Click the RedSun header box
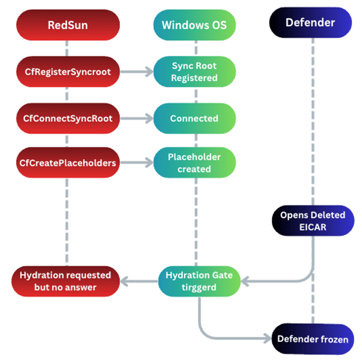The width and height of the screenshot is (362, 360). (x=68, y=24)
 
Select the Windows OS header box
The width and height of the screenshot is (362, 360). (x=195, y=24)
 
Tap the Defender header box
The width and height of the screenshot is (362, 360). (x=310, y=23)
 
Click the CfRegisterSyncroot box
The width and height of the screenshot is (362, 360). (x=68, y=72)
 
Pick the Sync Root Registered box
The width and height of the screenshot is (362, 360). (x=195, y=72)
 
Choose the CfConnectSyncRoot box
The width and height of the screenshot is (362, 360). (x=68, y=118)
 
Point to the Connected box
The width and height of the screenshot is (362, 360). (x=195, y=118)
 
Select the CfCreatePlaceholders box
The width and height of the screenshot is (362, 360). (x=68, y=163)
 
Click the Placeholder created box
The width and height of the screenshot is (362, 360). (x=195, y=163)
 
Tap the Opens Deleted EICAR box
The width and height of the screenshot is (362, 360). (x=312, y=221)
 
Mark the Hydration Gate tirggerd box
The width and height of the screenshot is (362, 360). (x=199, y=281)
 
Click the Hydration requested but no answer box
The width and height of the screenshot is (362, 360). (x=65, y=281)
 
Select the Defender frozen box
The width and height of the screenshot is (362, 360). (x=312, y=339)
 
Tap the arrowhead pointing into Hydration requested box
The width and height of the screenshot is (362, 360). (x=125, y=281)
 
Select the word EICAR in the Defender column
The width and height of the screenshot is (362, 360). (x=312, y=227)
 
